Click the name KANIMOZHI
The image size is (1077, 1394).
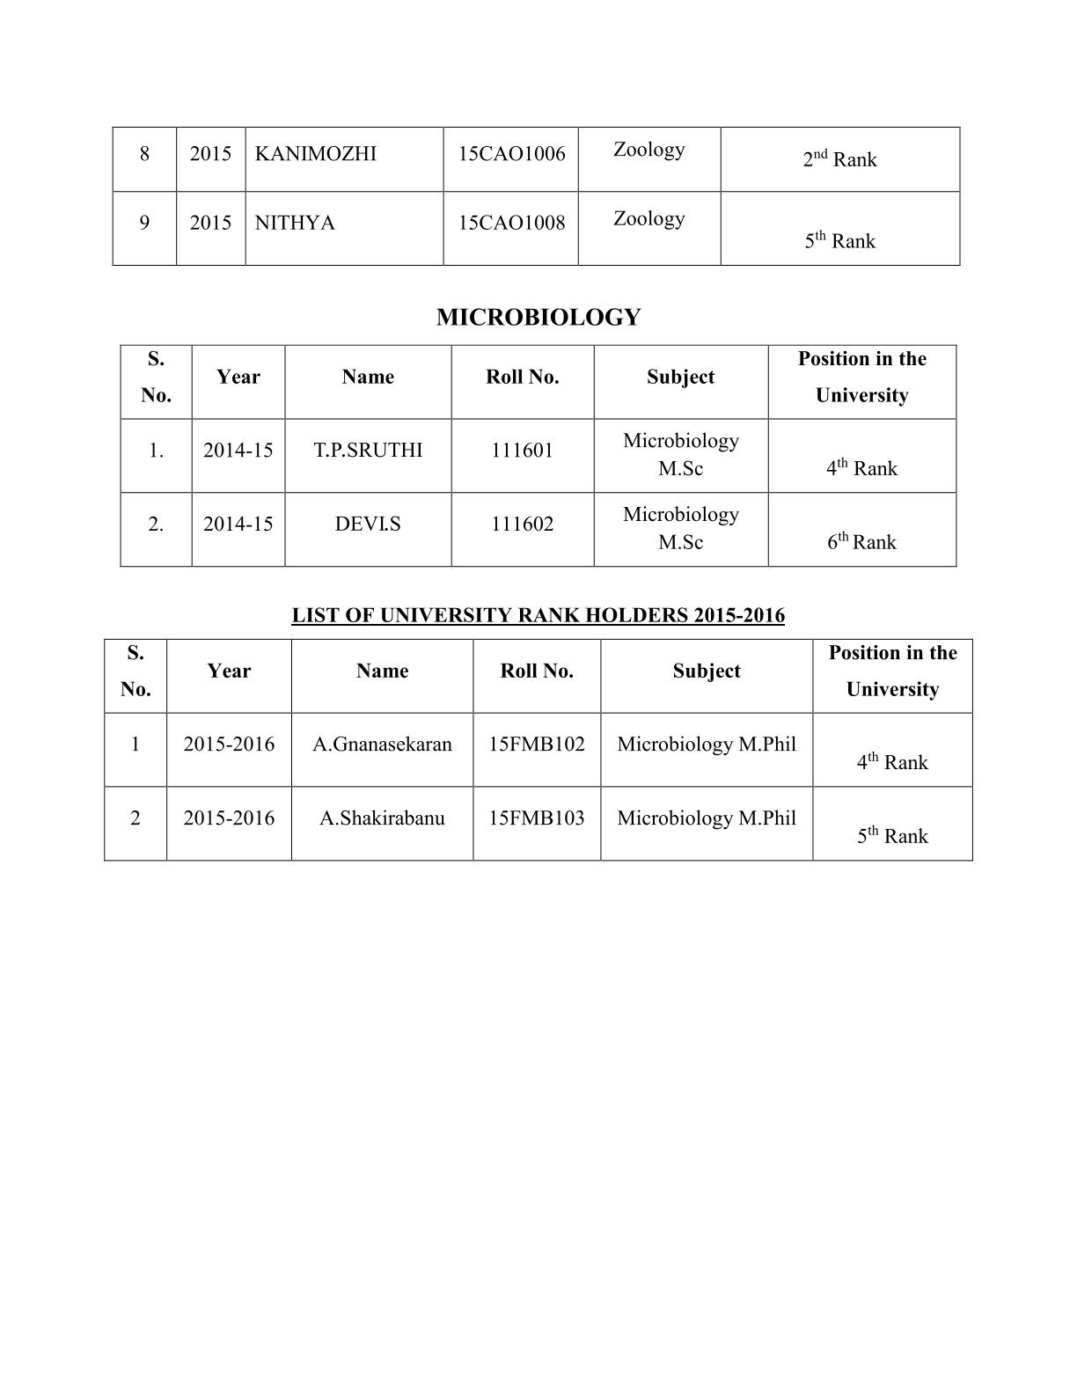tap(315, 154)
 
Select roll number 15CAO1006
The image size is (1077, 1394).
tap(511, 154)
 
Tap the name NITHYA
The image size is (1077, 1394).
tap(295, 223)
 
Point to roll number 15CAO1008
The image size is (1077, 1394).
tap(511, 223)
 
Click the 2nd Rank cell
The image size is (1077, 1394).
tap(839, 159)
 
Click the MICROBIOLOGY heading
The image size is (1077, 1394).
tap(538, 317)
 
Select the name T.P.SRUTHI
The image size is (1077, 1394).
tap(368, 451)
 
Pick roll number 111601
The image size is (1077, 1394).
tap(523, 451)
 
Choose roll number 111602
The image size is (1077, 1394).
tap(523, 525)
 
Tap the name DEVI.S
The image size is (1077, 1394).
tap(368, 525)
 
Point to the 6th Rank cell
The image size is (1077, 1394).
tap(861, 542)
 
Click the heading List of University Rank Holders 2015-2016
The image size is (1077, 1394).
tap(538, 615)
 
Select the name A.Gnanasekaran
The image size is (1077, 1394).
tap(382, 745)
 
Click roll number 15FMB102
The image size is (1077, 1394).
tap(537, 745)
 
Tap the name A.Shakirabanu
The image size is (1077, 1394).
tap(382, 818)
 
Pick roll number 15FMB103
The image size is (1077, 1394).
tap(537, 818)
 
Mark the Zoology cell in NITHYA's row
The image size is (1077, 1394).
tap(648, 218)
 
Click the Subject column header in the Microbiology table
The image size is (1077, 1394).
tap(680, 378)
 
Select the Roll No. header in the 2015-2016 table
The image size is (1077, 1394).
tap(537, 671)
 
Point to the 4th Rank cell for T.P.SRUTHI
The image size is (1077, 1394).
tap(861, 468)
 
